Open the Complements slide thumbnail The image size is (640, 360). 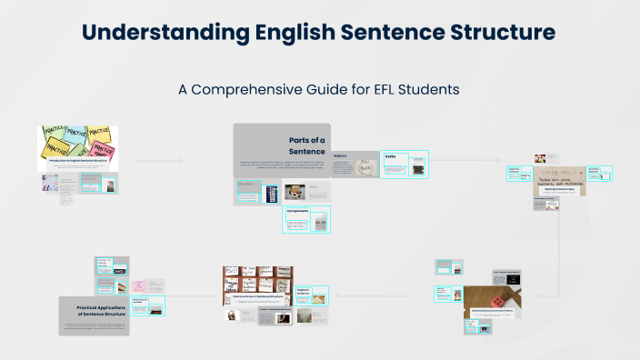coord(306,219)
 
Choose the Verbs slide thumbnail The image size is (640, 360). coord(405,165)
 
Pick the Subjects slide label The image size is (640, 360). coord(342,155)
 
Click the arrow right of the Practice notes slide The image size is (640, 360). coord(159,161)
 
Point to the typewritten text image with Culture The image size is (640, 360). coord(559,179)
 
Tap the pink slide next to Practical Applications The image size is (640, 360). coord(155,285)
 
